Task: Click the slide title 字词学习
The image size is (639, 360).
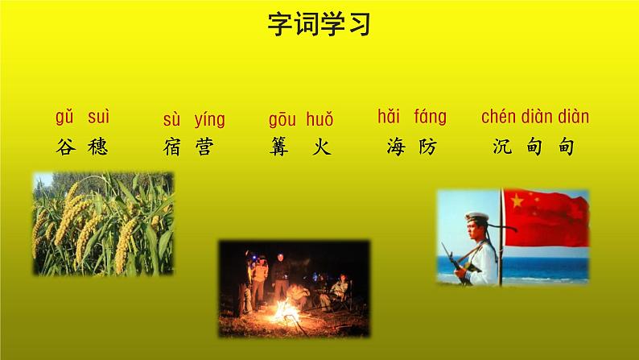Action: coord(319,25)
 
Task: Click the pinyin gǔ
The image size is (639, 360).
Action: coord(64,118)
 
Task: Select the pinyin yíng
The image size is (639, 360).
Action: coord(209,121)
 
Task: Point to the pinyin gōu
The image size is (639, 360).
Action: coord(282,121)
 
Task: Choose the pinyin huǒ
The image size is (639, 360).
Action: coord(319,121)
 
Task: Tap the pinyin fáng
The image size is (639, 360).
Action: coord(430,118)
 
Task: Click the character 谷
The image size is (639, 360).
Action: coord(65,147)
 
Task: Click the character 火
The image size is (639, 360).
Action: coord(322,147)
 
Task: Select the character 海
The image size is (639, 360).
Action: coord(395,147)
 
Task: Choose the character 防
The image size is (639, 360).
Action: coord(427,147)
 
